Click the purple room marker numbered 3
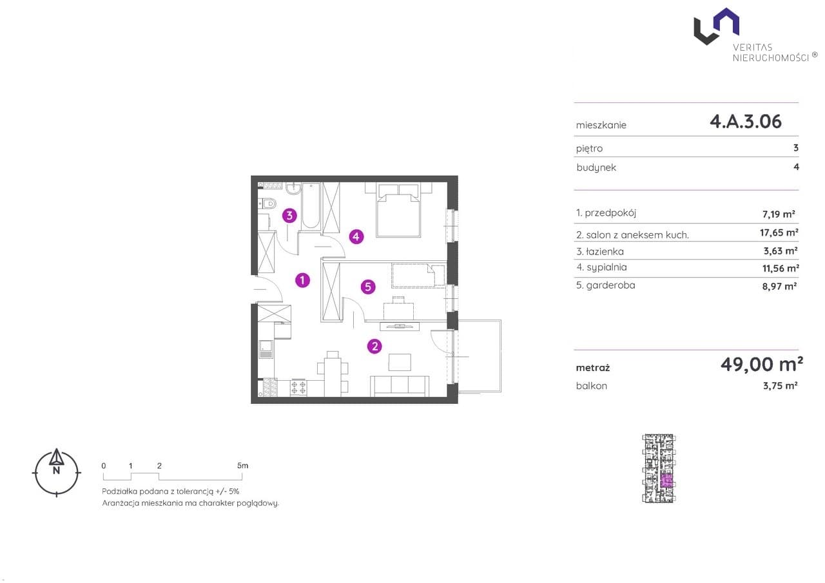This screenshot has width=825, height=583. [x=289, y=216]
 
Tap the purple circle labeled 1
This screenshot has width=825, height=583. [x=302, y=280]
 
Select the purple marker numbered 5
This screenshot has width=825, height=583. [x=368, y=287]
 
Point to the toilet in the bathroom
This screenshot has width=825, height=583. [x=267, y=203]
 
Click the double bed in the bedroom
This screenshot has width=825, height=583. [x=398, y=211]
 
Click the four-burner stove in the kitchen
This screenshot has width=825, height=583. [x=298, y=388]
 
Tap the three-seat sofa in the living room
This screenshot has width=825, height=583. [x=400, y=386]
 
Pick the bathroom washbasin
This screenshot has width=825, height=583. [x=293, y=189]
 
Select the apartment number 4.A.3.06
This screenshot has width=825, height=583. [x=746, y=122]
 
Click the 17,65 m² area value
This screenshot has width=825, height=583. [x=779, y=233]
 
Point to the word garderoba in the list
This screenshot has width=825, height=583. [x=610, y=285]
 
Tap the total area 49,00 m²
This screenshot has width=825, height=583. [x=762, y=365]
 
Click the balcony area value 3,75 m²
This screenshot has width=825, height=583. [x=780, y=386]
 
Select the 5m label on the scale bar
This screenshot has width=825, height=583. [x=243, y=466]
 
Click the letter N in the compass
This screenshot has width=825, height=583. [x=56, y=470]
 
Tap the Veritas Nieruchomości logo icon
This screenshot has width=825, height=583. [x=716, y=26]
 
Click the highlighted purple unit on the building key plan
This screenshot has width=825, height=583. [x=666, y=481]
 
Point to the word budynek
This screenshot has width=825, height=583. [x=596, y=168]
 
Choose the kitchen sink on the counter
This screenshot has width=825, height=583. [x=266, y=349]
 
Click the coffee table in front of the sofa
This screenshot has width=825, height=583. [x=400, y=362]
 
